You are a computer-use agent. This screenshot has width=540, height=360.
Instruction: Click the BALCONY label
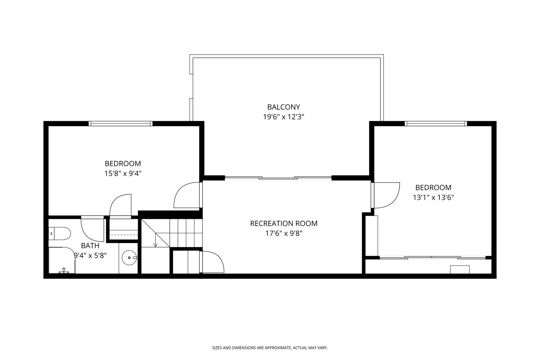[283, 107]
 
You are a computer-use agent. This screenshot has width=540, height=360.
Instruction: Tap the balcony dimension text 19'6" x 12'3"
[283, 117]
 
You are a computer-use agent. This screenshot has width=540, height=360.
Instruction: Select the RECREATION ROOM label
[284, 223]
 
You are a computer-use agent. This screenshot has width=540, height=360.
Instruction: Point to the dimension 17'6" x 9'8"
[284, 233]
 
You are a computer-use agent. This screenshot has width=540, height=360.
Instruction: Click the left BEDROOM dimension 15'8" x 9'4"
[123, 173]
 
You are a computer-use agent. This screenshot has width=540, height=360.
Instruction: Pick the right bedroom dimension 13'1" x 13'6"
[433, 197]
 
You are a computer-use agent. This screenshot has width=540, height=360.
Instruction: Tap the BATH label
[90, 246]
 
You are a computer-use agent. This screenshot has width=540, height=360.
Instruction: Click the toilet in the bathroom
[60, 233]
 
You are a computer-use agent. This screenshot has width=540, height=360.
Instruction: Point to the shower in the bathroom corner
[62, 260]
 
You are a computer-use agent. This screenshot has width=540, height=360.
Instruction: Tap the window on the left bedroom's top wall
[121, 123]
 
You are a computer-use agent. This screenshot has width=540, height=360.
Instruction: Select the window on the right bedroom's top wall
[436, 123]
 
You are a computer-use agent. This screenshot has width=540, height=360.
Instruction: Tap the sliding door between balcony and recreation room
[278, 178]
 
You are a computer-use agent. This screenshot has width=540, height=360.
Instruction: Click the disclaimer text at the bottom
[270, 348]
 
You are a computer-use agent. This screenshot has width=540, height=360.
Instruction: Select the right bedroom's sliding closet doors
[432, 257]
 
